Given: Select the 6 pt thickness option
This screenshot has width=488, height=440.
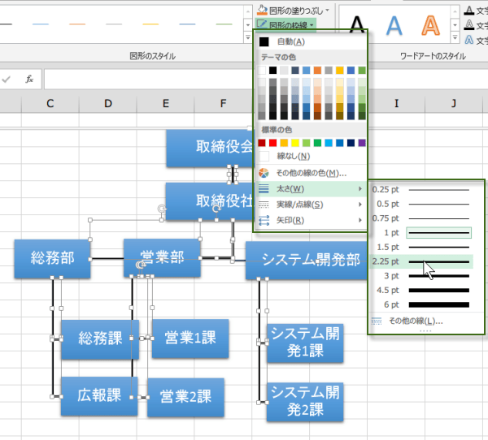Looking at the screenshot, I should click(x=422, y=304).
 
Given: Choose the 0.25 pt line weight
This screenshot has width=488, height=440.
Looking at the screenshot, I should click(x=422, y=189).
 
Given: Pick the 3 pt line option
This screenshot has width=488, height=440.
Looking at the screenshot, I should click(x=422, y=276).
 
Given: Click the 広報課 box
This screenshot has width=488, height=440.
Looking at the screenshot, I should click(x=98, y=396).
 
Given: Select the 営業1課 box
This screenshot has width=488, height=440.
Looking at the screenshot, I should click(x=190, y=338).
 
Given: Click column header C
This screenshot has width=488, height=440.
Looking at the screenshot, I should click(x=50, y=103).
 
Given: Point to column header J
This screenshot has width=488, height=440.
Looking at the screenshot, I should click(x=454, y=103).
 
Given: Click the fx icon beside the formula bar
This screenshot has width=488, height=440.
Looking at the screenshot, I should click(x=29, y=79).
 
